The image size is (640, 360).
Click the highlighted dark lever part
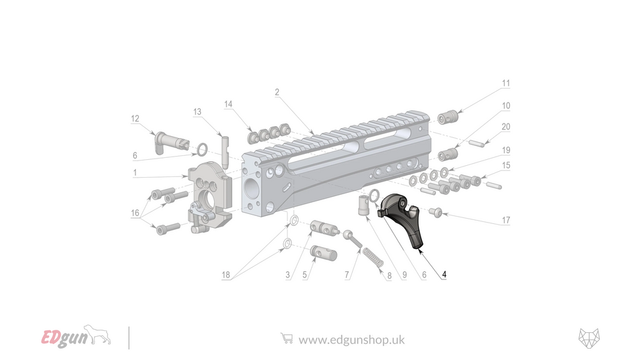[x=404, y=219]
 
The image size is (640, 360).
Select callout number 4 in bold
[x=444, y=274]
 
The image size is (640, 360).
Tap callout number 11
[x=506, y=84]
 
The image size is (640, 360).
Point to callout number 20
[x=506, y=127]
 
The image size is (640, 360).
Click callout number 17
[x=506, y=220]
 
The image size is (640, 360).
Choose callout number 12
[x=135, y=119]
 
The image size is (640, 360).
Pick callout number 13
[x=197, y=112]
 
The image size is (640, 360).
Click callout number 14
[x=229, y=104]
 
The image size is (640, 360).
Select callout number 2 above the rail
[x=277, y=92]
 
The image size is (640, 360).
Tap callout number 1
[x=135, y=173]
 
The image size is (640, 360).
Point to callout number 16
[x=135, y=213]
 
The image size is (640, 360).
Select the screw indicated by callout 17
[x=436, y=211]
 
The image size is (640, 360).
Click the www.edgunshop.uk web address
[x=351, y=340]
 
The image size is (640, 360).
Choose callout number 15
[x=506, y=165]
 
